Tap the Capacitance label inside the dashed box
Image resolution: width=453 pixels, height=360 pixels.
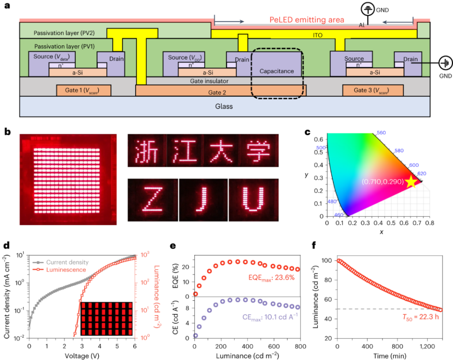pyautogui.click(x=276, y=72)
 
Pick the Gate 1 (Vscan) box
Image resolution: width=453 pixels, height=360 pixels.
pyautogui.click(x=84, y=90)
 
